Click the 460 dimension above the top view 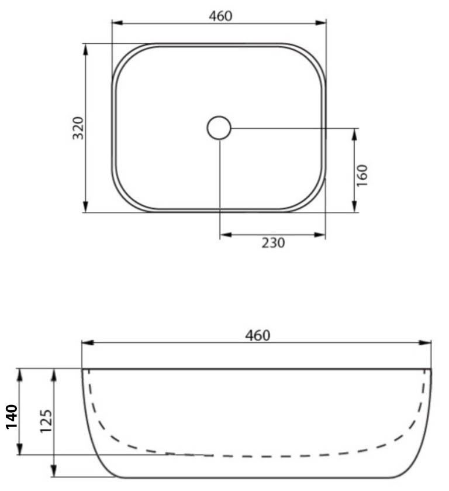(x=220, y=16)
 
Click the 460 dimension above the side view (x=257, y=335)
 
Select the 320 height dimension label (x=78, y=128)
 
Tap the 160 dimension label (x=362, y=176)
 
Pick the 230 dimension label (x=273, y=243)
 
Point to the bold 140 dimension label (x=12, y=417)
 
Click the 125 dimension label (x=46, y=421)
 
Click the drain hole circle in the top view (x=219, y=128)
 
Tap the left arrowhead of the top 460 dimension (x=118, y=23)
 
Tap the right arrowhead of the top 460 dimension (x=321, y=23)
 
